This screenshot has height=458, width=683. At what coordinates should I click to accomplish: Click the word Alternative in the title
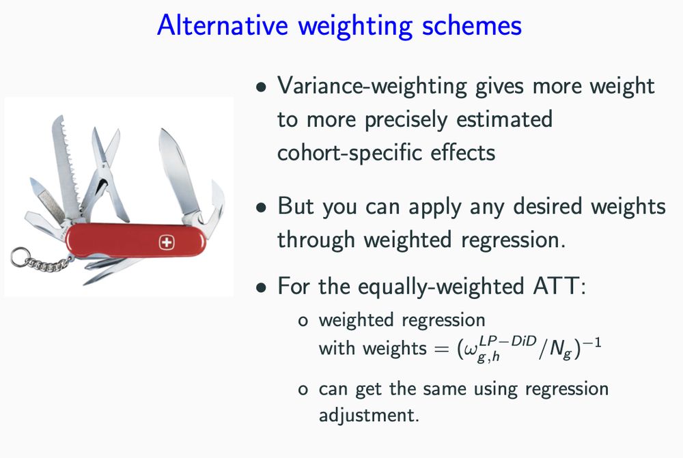223,25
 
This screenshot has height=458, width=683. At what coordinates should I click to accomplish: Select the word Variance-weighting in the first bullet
372,86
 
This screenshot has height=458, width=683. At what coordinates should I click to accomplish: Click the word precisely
406,119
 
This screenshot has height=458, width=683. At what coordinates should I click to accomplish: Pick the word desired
547,205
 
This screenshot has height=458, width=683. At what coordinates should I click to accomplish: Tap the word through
316,240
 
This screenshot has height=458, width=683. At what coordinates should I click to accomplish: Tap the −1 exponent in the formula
592,343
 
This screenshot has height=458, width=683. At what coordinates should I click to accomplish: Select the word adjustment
369,415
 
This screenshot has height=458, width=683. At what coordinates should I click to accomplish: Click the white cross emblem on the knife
167,242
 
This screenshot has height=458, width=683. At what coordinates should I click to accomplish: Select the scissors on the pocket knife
105,174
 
